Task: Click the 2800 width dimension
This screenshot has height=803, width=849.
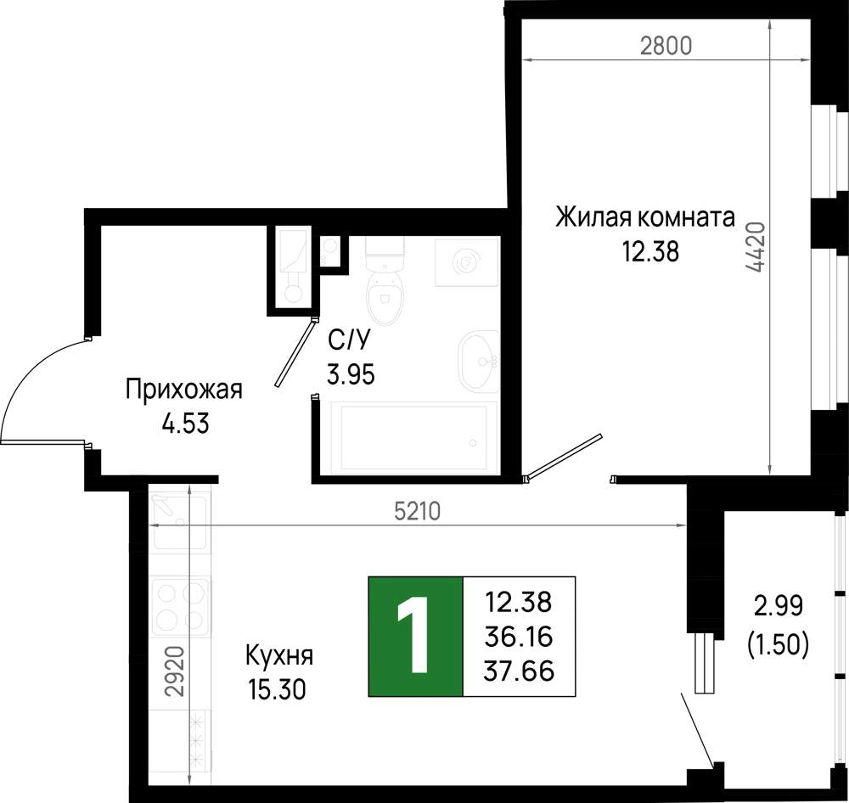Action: coord(666,46)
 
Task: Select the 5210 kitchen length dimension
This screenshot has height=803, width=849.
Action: coord(417,511)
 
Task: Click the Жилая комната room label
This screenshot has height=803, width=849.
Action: coord(645,217)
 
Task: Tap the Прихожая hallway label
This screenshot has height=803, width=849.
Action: coord(184,390)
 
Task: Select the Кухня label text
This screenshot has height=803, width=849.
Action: coord(279,655)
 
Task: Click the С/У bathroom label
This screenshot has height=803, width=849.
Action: coord(349,340)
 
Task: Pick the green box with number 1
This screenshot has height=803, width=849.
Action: coord(415,636)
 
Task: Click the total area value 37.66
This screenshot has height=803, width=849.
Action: coord(519,671)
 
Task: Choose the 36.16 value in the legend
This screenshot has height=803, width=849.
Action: coord(518,637)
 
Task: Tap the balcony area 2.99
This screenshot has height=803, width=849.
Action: coord(779,606)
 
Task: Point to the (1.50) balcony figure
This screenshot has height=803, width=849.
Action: coord(778,644)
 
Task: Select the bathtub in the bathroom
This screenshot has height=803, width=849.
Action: coord(418,437)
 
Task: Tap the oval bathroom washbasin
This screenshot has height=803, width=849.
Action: coord(479,360)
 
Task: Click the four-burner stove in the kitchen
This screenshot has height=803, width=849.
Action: coord(182,608)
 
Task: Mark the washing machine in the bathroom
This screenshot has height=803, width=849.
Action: coord(467,262)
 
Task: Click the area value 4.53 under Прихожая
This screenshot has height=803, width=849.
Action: coord(186,424)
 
